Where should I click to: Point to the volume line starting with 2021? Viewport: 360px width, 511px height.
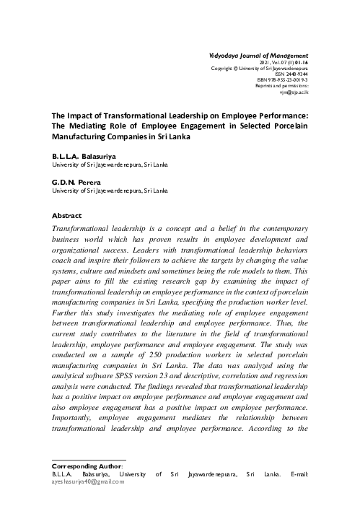283,62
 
